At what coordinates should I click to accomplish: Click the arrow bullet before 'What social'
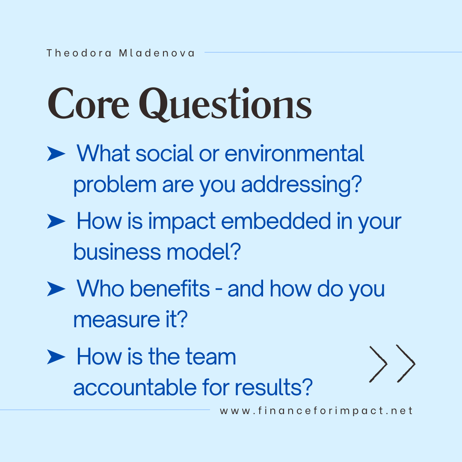click(56, 154)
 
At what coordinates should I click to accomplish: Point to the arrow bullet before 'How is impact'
click(56, 222)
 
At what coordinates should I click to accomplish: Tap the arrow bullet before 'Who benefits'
click(56, 289)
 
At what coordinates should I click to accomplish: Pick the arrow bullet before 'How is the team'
click(56, 357)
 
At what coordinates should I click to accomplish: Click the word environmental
click(294, 153)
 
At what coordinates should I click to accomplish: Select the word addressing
click(299, 185)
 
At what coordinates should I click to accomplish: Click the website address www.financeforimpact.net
click(317, 411)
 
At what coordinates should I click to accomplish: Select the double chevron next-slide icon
click(392, 364)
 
